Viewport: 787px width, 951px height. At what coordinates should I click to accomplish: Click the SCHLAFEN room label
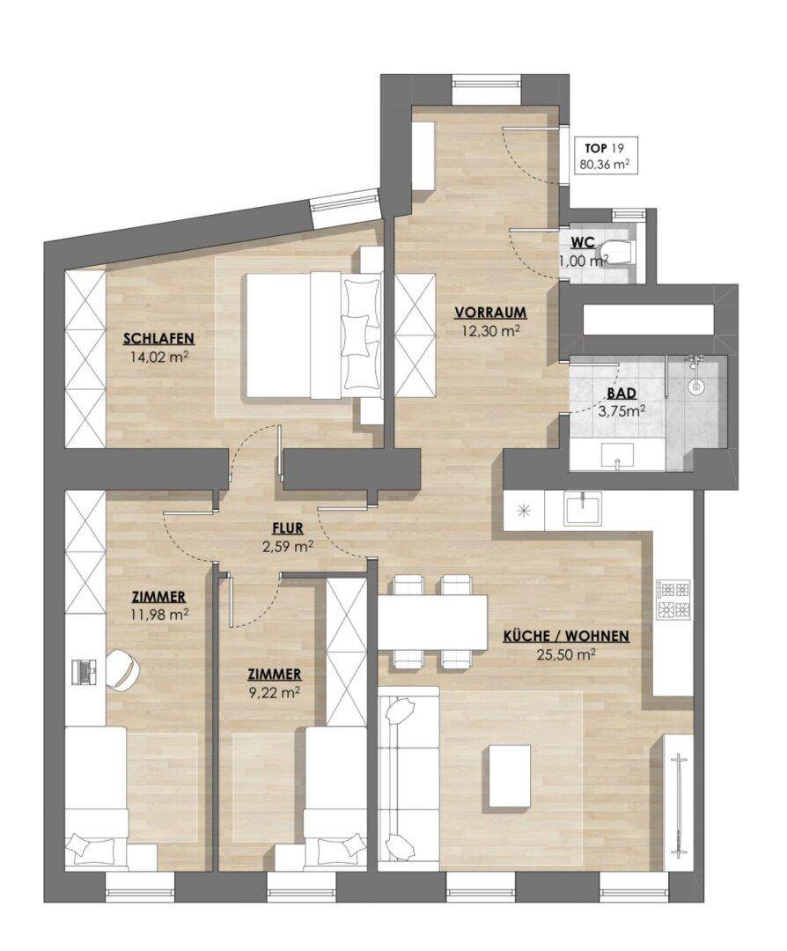158,338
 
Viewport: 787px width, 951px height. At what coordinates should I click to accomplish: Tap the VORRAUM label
491,313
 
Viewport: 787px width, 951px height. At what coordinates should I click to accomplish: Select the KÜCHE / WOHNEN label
566,637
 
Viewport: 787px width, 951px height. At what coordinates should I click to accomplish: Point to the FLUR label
287,529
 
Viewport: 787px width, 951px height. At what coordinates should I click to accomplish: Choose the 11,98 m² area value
158,615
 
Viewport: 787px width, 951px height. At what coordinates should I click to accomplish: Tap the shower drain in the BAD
696,385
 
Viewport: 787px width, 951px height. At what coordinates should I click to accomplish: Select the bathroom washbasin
617,455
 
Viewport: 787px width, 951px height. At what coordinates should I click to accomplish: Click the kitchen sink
582,508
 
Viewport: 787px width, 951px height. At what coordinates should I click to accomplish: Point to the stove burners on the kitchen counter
673,600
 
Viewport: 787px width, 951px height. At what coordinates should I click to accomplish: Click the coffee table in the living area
510,776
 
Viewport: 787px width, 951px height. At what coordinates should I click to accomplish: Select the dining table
433,623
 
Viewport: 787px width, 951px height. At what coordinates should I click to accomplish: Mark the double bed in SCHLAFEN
314,335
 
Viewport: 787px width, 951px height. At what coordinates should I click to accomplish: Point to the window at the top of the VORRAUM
486,82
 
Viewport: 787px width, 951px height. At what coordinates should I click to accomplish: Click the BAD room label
622,393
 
